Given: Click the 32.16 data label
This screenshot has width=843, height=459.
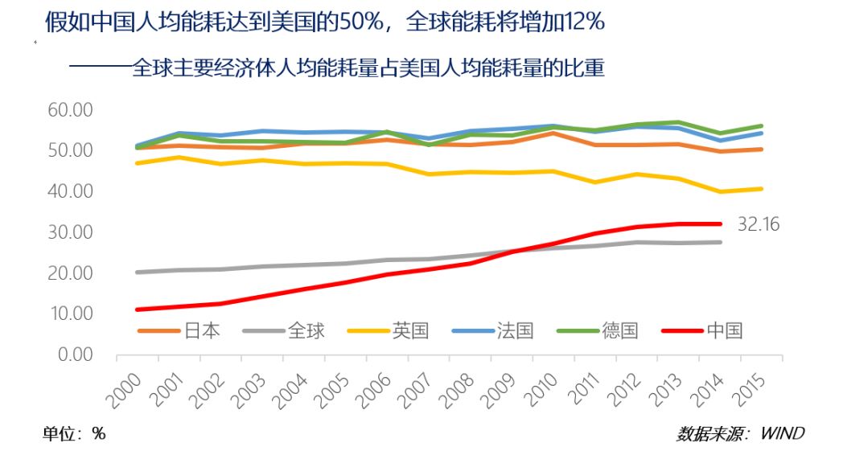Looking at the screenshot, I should point(758,224).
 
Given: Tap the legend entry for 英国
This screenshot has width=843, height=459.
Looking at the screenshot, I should point(395,330).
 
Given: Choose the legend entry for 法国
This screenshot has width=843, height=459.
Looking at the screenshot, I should point(500,330).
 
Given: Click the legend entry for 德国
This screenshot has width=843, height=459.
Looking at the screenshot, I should point(604,330).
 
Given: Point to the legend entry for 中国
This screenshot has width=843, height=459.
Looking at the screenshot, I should point(709,330).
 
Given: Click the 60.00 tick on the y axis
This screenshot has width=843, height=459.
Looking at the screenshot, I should point(71,109).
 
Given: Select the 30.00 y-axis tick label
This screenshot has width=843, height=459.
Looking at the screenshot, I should point(71,232).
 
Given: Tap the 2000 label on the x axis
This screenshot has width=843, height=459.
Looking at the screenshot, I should point(125,383).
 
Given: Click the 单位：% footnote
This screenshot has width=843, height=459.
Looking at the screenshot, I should point(74,434).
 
